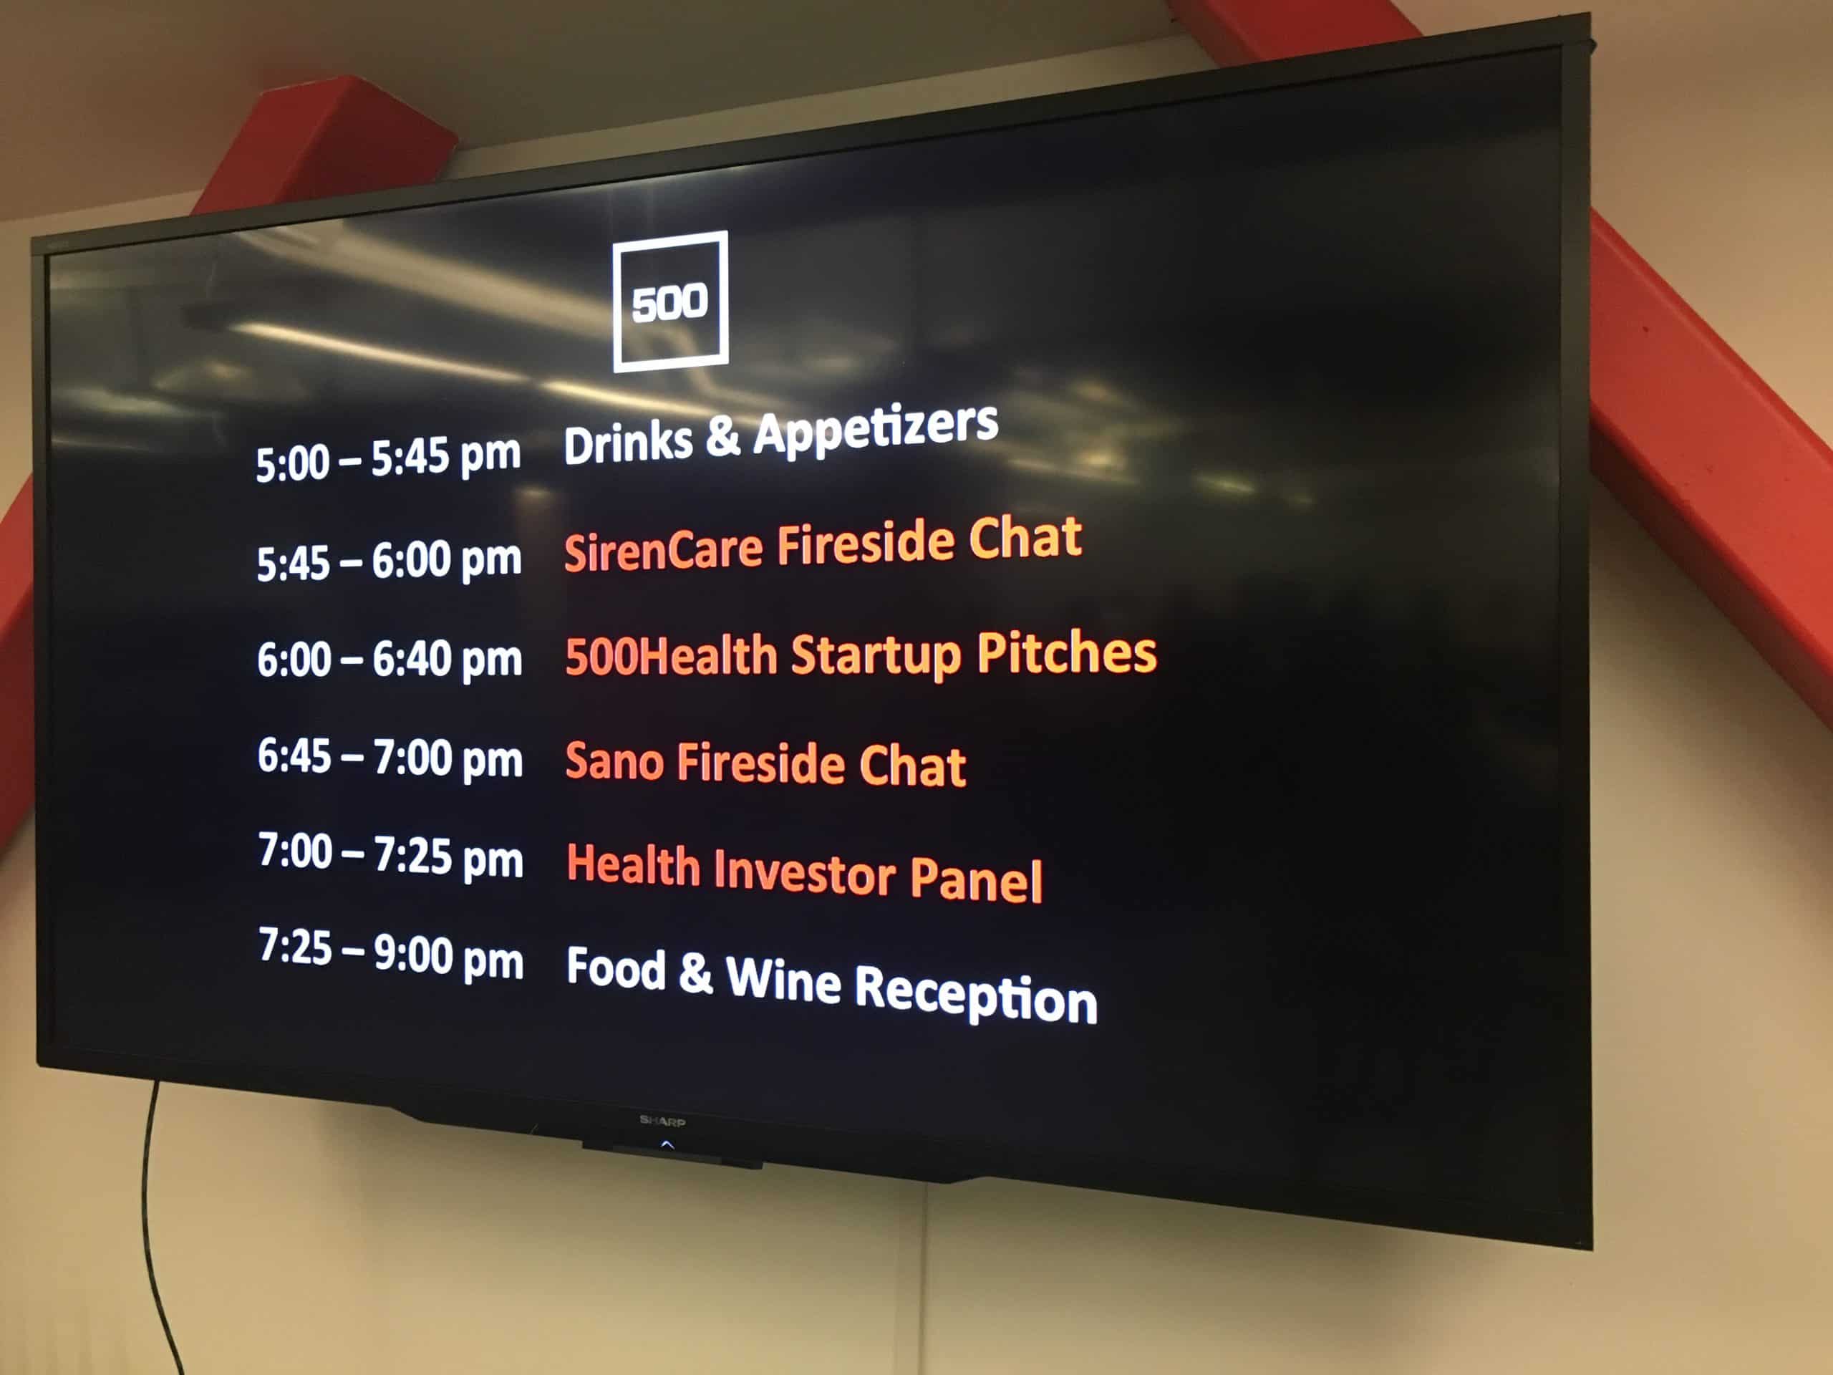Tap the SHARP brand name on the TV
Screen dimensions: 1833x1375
(x=662, y=1121)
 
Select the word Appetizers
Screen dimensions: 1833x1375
(x=876, y=430)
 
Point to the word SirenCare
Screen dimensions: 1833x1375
(x=663, y=549)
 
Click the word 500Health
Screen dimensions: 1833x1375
(x=671, y=655)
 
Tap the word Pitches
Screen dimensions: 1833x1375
(x=1068, y=653)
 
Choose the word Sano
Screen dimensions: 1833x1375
(x=614, y=760)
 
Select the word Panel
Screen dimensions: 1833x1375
(x=976, y=879)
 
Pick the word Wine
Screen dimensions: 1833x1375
(x=783, y=979)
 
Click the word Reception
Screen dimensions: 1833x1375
(x=975, y=994)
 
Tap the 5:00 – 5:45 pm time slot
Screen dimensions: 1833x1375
(x=388, y=458)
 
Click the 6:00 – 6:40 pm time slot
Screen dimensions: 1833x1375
(x=390, y=660)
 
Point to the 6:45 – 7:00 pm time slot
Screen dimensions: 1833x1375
(x=390, y=758)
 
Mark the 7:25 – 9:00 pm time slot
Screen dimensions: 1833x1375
(x=391, y=954)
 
